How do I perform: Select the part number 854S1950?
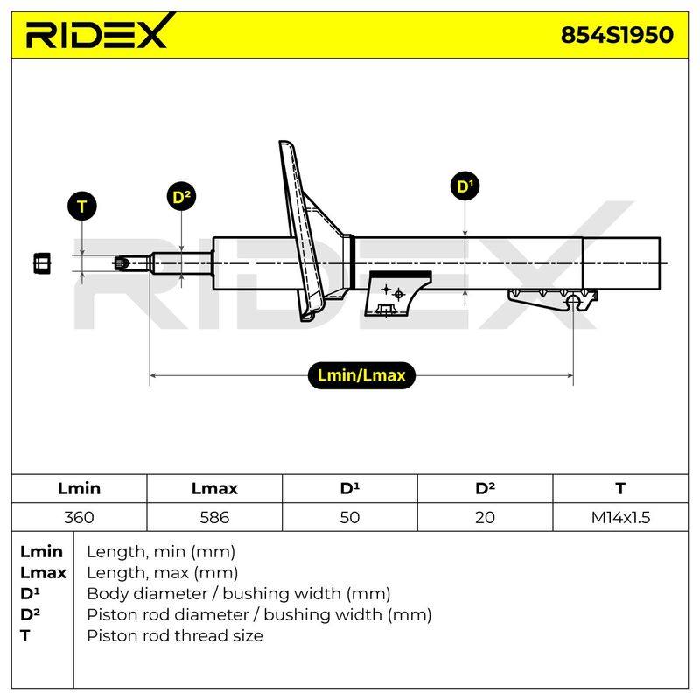(x=617, y=35)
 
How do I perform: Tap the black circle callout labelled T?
(x=81, y=206)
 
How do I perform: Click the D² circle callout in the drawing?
(x=181, y=196)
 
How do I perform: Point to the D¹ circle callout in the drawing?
(x=465, y=185)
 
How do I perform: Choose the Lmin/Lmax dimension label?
(x=361, y=375)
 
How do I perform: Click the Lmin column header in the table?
(x=79, y=488)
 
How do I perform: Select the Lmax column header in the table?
(x=214, y=488)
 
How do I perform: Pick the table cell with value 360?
(x=79, y=517)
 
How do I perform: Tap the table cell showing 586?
(x=214, y=517)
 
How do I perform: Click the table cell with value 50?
(x=349, y=517)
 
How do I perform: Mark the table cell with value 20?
(x=485, y=517)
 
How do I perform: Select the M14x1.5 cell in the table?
(x=620, y=517)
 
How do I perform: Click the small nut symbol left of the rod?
(x=42, y=263)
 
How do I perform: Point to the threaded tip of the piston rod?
(x=122, y=263)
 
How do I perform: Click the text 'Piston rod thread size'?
(x=174, y=635)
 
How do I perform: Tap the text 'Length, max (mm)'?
(x=162, y=573)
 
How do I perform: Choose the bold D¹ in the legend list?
(x=30, y=593)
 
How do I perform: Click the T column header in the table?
(x=620, y=488)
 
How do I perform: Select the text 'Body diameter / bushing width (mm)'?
(x=239, y=594)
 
